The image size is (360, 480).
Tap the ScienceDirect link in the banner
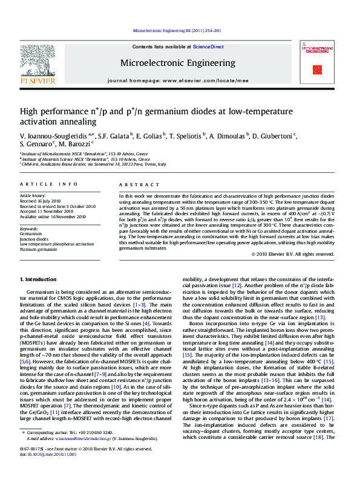pos(208,47)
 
